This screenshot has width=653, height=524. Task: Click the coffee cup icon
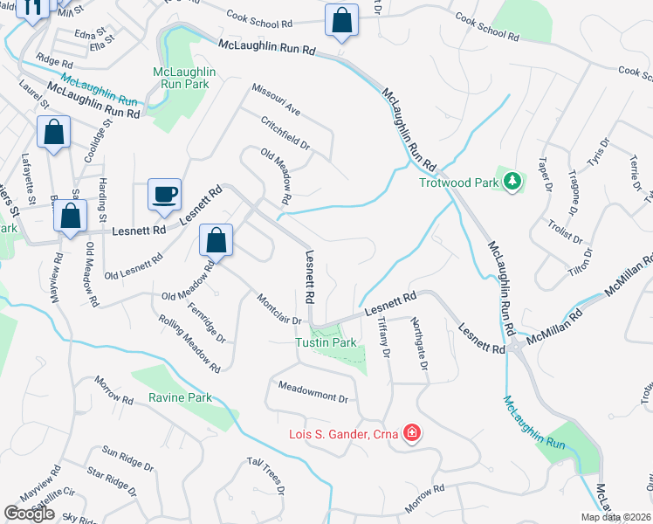coord(163,194)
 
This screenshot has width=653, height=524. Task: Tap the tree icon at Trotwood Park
coord(514,182)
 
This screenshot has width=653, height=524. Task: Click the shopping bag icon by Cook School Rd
coord(342,20)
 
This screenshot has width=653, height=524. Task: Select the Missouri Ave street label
coord(275,99)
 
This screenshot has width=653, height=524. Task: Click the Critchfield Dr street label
coord(285,130)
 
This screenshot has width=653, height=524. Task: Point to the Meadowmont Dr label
coord(313,392)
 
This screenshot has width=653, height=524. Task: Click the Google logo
coord(29,514)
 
